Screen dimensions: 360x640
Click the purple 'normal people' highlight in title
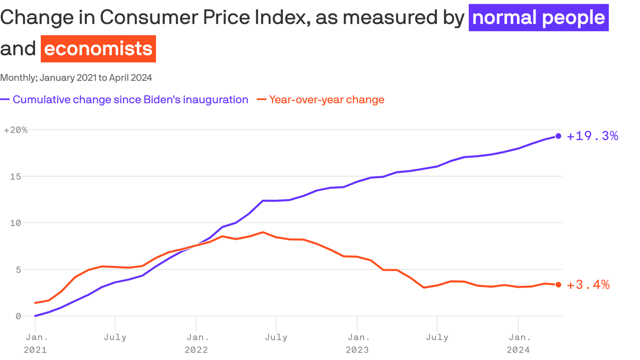pos(538,18)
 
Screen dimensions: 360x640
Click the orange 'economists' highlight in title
pos(98,49)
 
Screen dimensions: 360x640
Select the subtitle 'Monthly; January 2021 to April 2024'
pos(76,77)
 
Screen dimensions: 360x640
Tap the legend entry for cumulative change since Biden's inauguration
pos(130,99)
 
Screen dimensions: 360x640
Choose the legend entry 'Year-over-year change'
pos(327,99)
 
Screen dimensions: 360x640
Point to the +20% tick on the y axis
pos(15,130)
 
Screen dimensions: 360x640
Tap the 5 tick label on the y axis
pos(18,270)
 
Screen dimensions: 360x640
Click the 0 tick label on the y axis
pos(18,316)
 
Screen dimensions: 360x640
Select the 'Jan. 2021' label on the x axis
pos(36,343)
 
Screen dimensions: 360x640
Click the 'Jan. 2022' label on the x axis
pos(197,343)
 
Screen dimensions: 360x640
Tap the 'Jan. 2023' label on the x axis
pos(357,343)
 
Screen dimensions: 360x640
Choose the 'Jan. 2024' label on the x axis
pos(518,343)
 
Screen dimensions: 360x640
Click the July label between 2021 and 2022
pos(115,337)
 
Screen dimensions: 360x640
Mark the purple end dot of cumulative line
pos(558,136)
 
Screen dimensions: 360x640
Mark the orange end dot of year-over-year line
pos(558,285)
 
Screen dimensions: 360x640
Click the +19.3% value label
pos(592,136)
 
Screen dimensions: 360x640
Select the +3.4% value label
pos(588,285)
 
